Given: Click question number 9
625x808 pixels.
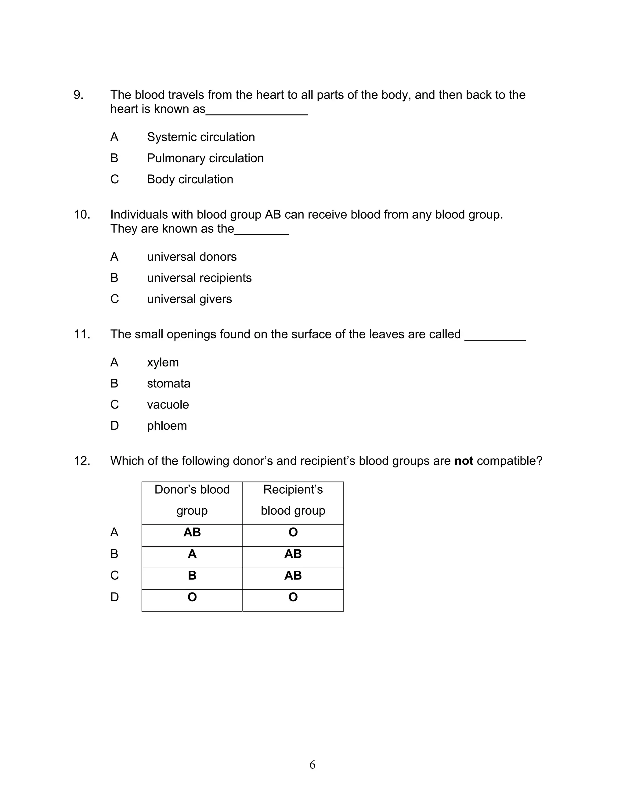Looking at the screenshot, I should coord(78,95).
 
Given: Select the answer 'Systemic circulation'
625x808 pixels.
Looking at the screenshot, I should coord(201,137).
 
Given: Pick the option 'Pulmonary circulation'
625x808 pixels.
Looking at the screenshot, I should coord(205,158).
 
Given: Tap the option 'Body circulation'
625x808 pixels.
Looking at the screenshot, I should coord(190,179).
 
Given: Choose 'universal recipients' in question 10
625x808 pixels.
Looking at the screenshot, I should coord(199,278).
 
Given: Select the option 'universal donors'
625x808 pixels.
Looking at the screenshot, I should coord(192,257).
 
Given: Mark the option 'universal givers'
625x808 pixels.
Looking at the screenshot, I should coord(189,299).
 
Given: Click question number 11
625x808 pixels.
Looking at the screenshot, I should coord(82,334).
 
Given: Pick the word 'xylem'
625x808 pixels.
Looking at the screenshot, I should coord(163,363).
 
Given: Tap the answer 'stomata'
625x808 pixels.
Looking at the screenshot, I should coord(168,384).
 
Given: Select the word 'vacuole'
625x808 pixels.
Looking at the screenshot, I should coord(168,405).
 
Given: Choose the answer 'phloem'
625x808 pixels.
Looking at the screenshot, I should coord(167,426).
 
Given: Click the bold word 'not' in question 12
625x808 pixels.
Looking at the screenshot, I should coord(464,461).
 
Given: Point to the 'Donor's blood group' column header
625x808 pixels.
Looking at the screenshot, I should coord(192,500).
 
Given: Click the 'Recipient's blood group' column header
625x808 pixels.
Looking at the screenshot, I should coord(293,500).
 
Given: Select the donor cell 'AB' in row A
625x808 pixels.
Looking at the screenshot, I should coord(192,532).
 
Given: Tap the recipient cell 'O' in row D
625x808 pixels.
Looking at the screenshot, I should coord(293,597).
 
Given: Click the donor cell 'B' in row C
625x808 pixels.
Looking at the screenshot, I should coord(192,576).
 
